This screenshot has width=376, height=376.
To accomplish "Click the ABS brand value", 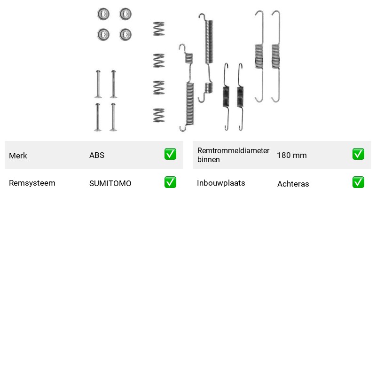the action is tap(97, 155).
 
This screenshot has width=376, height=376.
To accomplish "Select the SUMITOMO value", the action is tap(110, 183).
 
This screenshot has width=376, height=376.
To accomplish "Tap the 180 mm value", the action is tap(291, 155).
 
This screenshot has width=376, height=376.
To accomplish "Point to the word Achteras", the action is tap(293, 184).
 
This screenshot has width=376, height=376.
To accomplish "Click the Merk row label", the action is tap(18, 156).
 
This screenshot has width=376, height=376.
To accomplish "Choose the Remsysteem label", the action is tap(32, 183).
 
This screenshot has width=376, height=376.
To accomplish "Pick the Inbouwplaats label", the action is tap(221, 183).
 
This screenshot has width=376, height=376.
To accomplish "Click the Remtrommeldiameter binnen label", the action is tap(233, 155).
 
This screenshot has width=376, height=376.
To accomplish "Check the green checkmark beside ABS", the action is tap(170, 154).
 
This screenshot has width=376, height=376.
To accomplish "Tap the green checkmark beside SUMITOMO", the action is tap(170, 182).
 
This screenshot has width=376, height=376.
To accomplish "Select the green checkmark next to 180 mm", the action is tap(358, 154).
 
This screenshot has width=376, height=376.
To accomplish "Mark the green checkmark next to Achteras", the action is tap(358, 182).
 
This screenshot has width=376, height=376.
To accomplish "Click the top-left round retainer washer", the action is tap(103, 14).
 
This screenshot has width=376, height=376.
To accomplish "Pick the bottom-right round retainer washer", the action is tap(125, 34).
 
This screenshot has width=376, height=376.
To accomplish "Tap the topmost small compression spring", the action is tap(159, 29).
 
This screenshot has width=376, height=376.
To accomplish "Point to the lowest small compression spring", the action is tap(159, 115).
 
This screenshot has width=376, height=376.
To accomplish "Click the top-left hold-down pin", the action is tap(98, 84).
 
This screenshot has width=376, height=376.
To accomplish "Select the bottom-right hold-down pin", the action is tap(113, 117).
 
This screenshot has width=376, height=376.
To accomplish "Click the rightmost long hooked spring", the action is tap(276, 56).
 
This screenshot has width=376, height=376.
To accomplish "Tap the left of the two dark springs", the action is tap(226, 97).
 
